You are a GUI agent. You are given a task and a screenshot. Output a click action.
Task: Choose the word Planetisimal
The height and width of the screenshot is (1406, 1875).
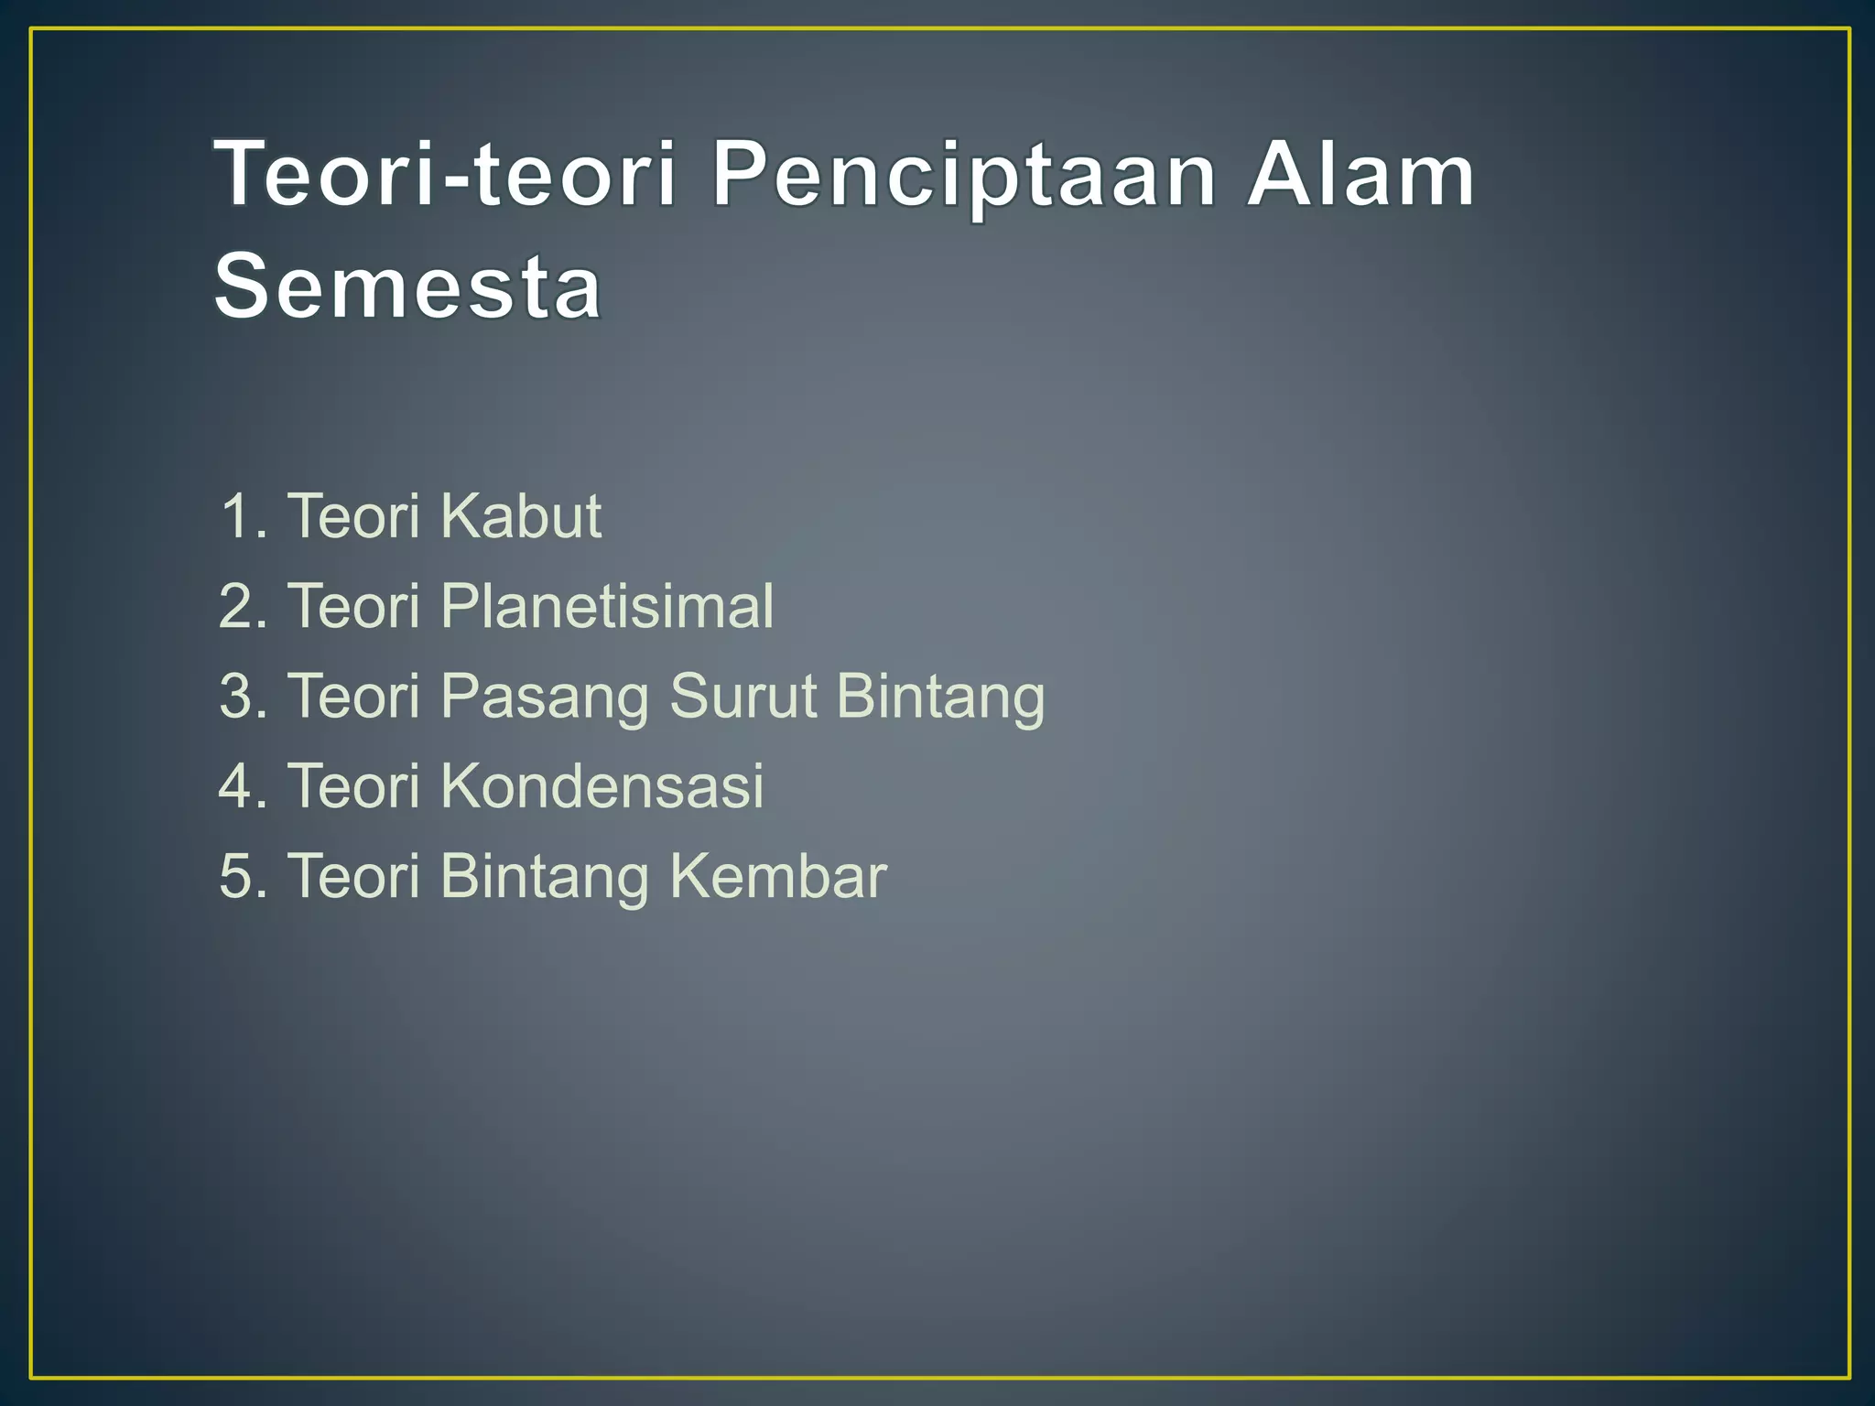coord(606,606)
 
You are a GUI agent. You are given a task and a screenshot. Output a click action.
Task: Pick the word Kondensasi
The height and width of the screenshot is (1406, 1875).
coord(602,785)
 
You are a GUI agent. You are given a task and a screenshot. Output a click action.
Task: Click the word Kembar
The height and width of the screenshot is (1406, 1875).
coord(778,876)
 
